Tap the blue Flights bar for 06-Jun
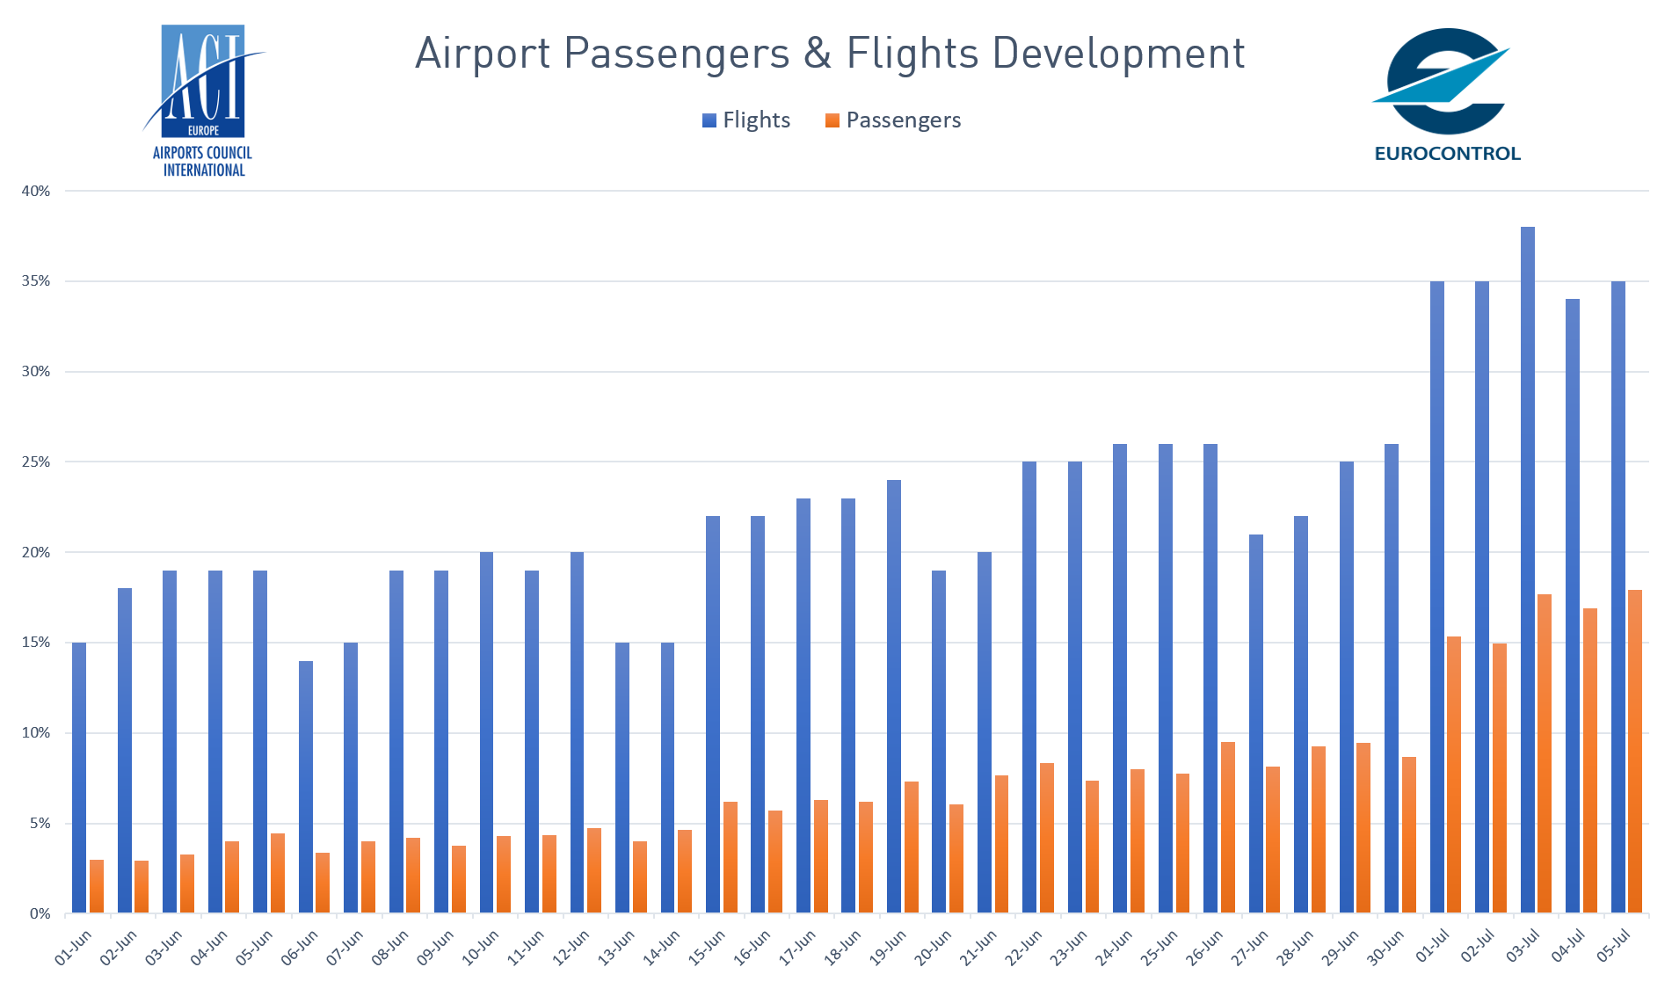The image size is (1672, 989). (306, 787)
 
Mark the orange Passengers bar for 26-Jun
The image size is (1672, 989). (1228, 827)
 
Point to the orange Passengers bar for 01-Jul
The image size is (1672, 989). (1454, 774)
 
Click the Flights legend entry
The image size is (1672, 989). (746, 120)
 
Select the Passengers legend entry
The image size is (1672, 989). (893, 120)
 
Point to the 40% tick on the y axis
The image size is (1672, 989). (36, 191)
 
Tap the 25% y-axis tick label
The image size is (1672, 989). (36, 462)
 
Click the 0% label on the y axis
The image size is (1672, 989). (40, 913)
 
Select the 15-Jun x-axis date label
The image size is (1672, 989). (707, 949)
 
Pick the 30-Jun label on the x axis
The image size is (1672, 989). (1385, 949)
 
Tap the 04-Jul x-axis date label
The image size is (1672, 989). (1567, 946)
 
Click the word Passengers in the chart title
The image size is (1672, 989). (677, 54)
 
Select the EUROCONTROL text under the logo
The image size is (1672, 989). (1447, 154)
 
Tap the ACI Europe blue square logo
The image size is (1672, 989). (203, 81)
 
